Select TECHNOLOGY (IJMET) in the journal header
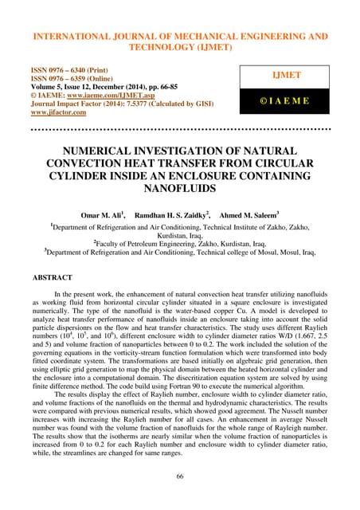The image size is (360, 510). click(179, 47)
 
